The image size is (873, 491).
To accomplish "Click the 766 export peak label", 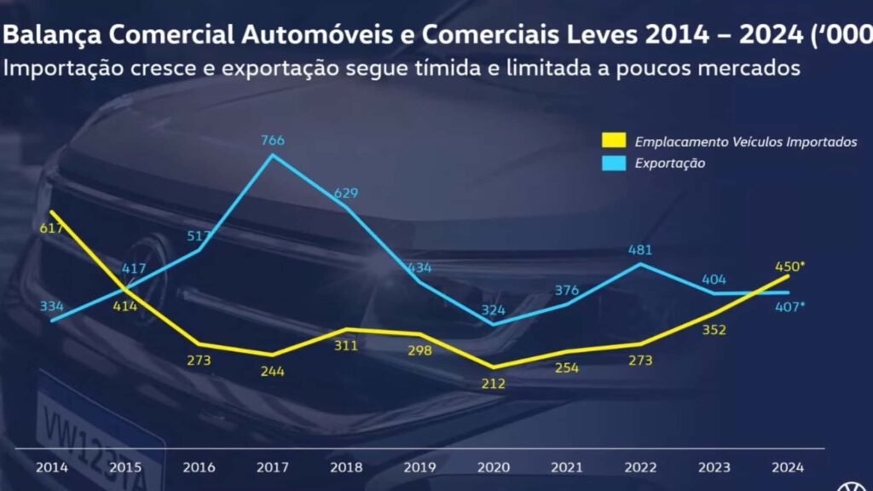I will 273,141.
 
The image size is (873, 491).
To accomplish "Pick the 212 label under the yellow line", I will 493,384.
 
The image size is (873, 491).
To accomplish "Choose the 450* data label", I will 790,266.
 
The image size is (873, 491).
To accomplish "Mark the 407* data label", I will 790,306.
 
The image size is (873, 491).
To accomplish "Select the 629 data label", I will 346,194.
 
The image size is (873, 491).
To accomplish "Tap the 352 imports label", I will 714,330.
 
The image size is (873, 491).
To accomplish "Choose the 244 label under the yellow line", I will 273,372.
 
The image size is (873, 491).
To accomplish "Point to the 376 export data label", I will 566,290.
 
